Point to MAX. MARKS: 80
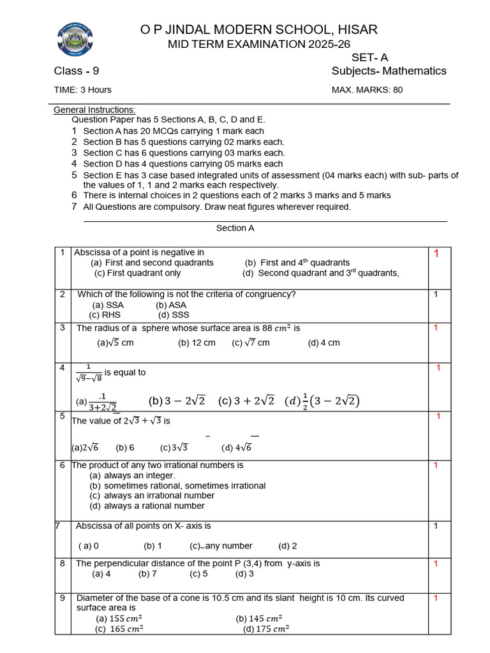[367, 90]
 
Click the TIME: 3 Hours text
[82, 90]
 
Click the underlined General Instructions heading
[94, 110]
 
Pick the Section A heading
[235, 228]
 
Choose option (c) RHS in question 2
[105, 314]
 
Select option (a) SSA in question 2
[108, 305]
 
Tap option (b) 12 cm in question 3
[197, 342]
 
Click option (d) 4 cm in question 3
[323, 342]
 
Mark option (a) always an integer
[132, 475]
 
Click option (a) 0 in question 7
[89, 546]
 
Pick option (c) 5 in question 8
[198, 573]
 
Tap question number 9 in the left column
[63, 598]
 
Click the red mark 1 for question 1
[436, 254]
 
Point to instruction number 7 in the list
[75, 207]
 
